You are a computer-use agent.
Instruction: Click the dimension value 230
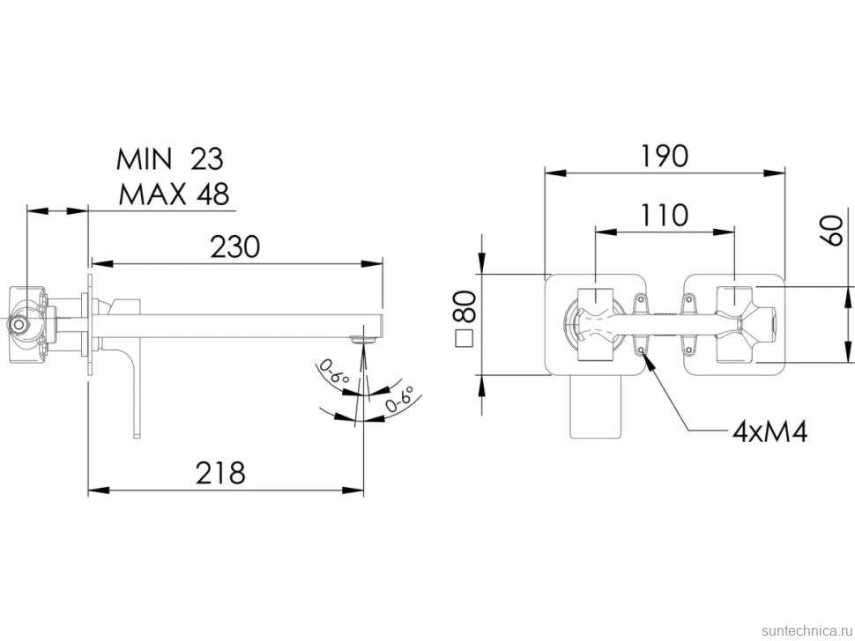(x=235, y=247)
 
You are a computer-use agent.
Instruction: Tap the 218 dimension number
(x=221, y=473)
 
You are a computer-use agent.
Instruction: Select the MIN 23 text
(x=169, y=159)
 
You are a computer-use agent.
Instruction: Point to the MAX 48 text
(x=174, y=194)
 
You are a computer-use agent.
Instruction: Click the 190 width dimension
(x=664, y=157)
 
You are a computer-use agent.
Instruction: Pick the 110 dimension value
(x=664, y=215)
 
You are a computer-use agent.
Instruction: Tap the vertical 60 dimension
(x=833, y=231)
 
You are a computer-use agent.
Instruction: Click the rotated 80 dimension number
(x=465, y=306)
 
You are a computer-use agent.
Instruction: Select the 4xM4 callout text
(x=769, y=431)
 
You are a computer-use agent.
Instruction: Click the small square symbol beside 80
(x=464, y=338)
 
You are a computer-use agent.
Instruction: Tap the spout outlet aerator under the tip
(x=363, y=340)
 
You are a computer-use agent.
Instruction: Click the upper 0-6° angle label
(x=334, y=373)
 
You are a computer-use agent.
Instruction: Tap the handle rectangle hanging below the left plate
(x=596, y=406)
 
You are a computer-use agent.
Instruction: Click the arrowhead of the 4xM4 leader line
(x=648, y=359)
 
